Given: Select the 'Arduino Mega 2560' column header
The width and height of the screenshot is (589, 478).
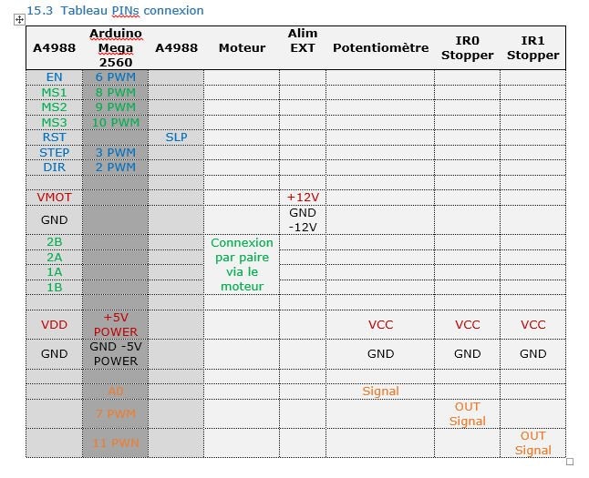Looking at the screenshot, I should point(115,47).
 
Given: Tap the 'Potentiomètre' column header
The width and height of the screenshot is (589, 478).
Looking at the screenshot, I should point(380,47).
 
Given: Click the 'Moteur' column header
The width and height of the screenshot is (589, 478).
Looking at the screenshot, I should point(242,47).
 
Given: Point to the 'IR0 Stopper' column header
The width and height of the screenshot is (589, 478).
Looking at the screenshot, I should point(467,48).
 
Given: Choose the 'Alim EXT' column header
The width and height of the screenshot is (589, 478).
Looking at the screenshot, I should point(303,40).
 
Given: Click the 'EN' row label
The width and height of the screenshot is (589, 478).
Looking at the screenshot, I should point(54,77).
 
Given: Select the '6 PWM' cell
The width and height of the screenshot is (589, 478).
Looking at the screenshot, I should point(115,77).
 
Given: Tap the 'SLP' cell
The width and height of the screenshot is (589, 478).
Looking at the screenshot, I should point(176,137).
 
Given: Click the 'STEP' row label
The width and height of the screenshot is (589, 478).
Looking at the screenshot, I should point(54,152).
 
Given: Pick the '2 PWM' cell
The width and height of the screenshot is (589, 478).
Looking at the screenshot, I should point(115,167).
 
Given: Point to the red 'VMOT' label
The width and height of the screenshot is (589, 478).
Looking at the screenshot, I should point(54,197).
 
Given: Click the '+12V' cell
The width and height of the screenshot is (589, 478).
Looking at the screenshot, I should point(303,197).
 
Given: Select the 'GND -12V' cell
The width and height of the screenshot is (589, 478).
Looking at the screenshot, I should point(303,219).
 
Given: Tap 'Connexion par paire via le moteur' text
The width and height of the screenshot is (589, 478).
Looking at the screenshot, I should point(242,264).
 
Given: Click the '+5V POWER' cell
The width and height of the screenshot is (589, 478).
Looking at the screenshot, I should point(115,324).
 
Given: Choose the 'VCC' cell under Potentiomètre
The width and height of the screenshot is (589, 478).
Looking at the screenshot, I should point(380,324).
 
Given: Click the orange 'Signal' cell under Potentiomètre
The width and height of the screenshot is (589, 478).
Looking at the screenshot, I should point(380,391).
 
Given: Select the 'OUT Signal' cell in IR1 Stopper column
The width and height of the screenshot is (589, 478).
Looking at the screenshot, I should point(532,442).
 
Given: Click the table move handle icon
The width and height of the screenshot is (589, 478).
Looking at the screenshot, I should point(19,19).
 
